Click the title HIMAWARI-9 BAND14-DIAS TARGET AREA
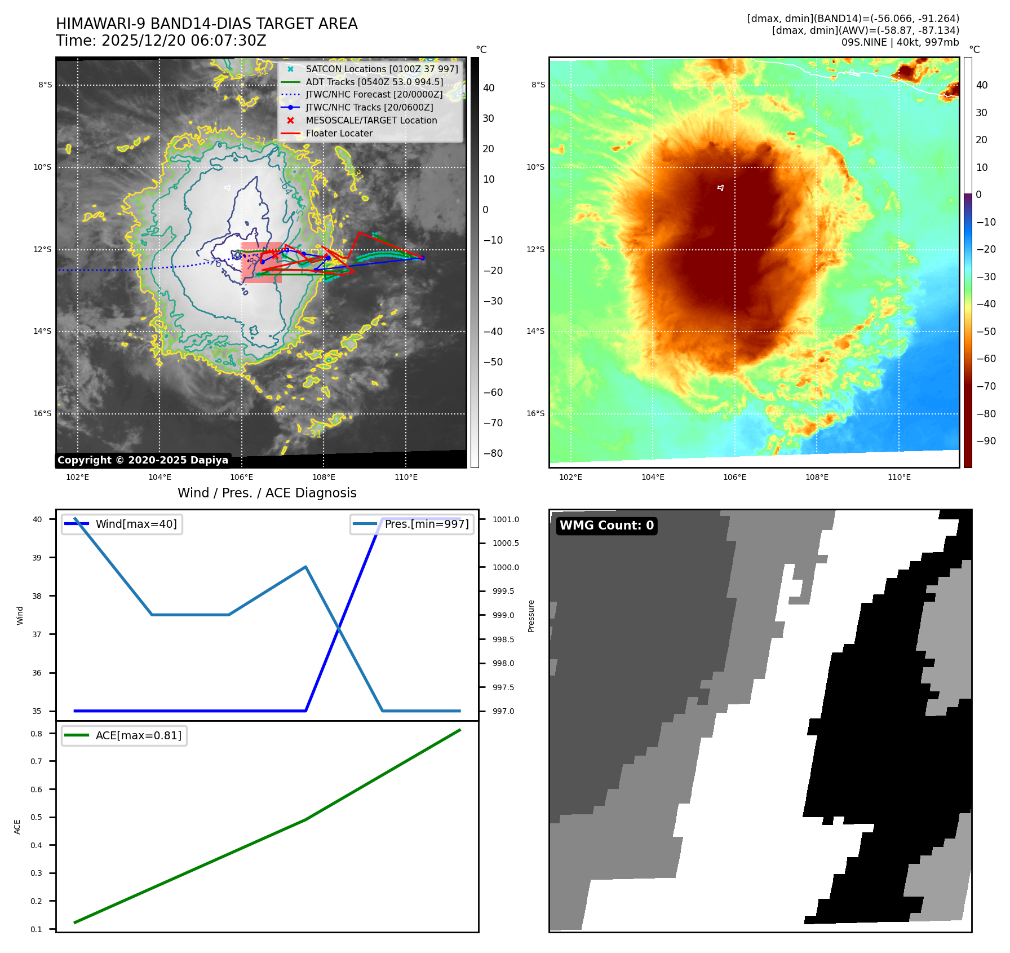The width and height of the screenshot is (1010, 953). pyautogui.click(x=206, y=24)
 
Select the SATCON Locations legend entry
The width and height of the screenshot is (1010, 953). pyautogui.click(x=382, y=69)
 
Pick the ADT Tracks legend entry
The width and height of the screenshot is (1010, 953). pyautogui.click(x=374, y=82)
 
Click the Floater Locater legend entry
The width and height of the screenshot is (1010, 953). pyautogui.click(x=339, y=133)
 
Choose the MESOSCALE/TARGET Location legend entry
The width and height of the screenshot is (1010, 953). pyautogui.click(x=371, y=120)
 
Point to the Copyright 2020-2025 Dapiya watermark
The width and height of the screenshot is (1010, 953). pyautogui.click(x=143, y=460)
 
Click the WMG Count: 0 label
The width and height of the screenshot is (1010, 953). pyautogui.click(x=606, y=526)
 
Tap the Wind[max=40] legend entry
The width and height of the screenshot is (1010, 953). pyautogui.click(x=136, y=524)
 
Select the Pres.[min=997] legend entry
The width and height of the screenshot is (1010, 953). pyautogui.click(x=426, y=524)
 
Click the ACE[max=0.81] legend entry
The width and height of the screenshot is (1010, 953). pyautogui.click(x=138, y=735)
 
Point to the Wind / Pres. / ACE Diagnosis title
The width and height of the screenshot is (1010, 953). pyautogui.click(x=267, y=493)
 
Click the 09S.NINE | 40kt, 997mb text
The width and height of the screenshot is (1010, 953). pyautogui.click(x=900, y=42)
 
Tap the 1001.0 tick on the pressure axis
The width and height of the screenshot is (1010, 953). pyautogui.click(x=506, y=519)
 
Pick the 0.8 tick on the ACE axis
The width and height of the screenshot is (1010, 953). pyautogui.click(x=37, y=734)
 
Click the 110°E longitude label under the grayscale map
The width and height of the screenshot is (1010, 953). pyautogui.click(x=406, y=477)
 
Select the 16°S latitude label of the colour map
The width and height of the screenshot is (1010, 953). pyautogui.click(x=535, y=413)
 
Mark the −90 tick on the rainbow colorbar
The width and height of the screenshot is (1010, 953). pyautogui.click(x=986, y=441)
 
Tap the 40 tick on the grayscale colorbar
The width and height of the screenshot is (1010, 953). pyautogui.click(x=489, y=88)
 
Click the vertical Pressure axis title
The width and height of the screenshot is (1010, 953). pyautogui.click(x=531, y=616)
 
